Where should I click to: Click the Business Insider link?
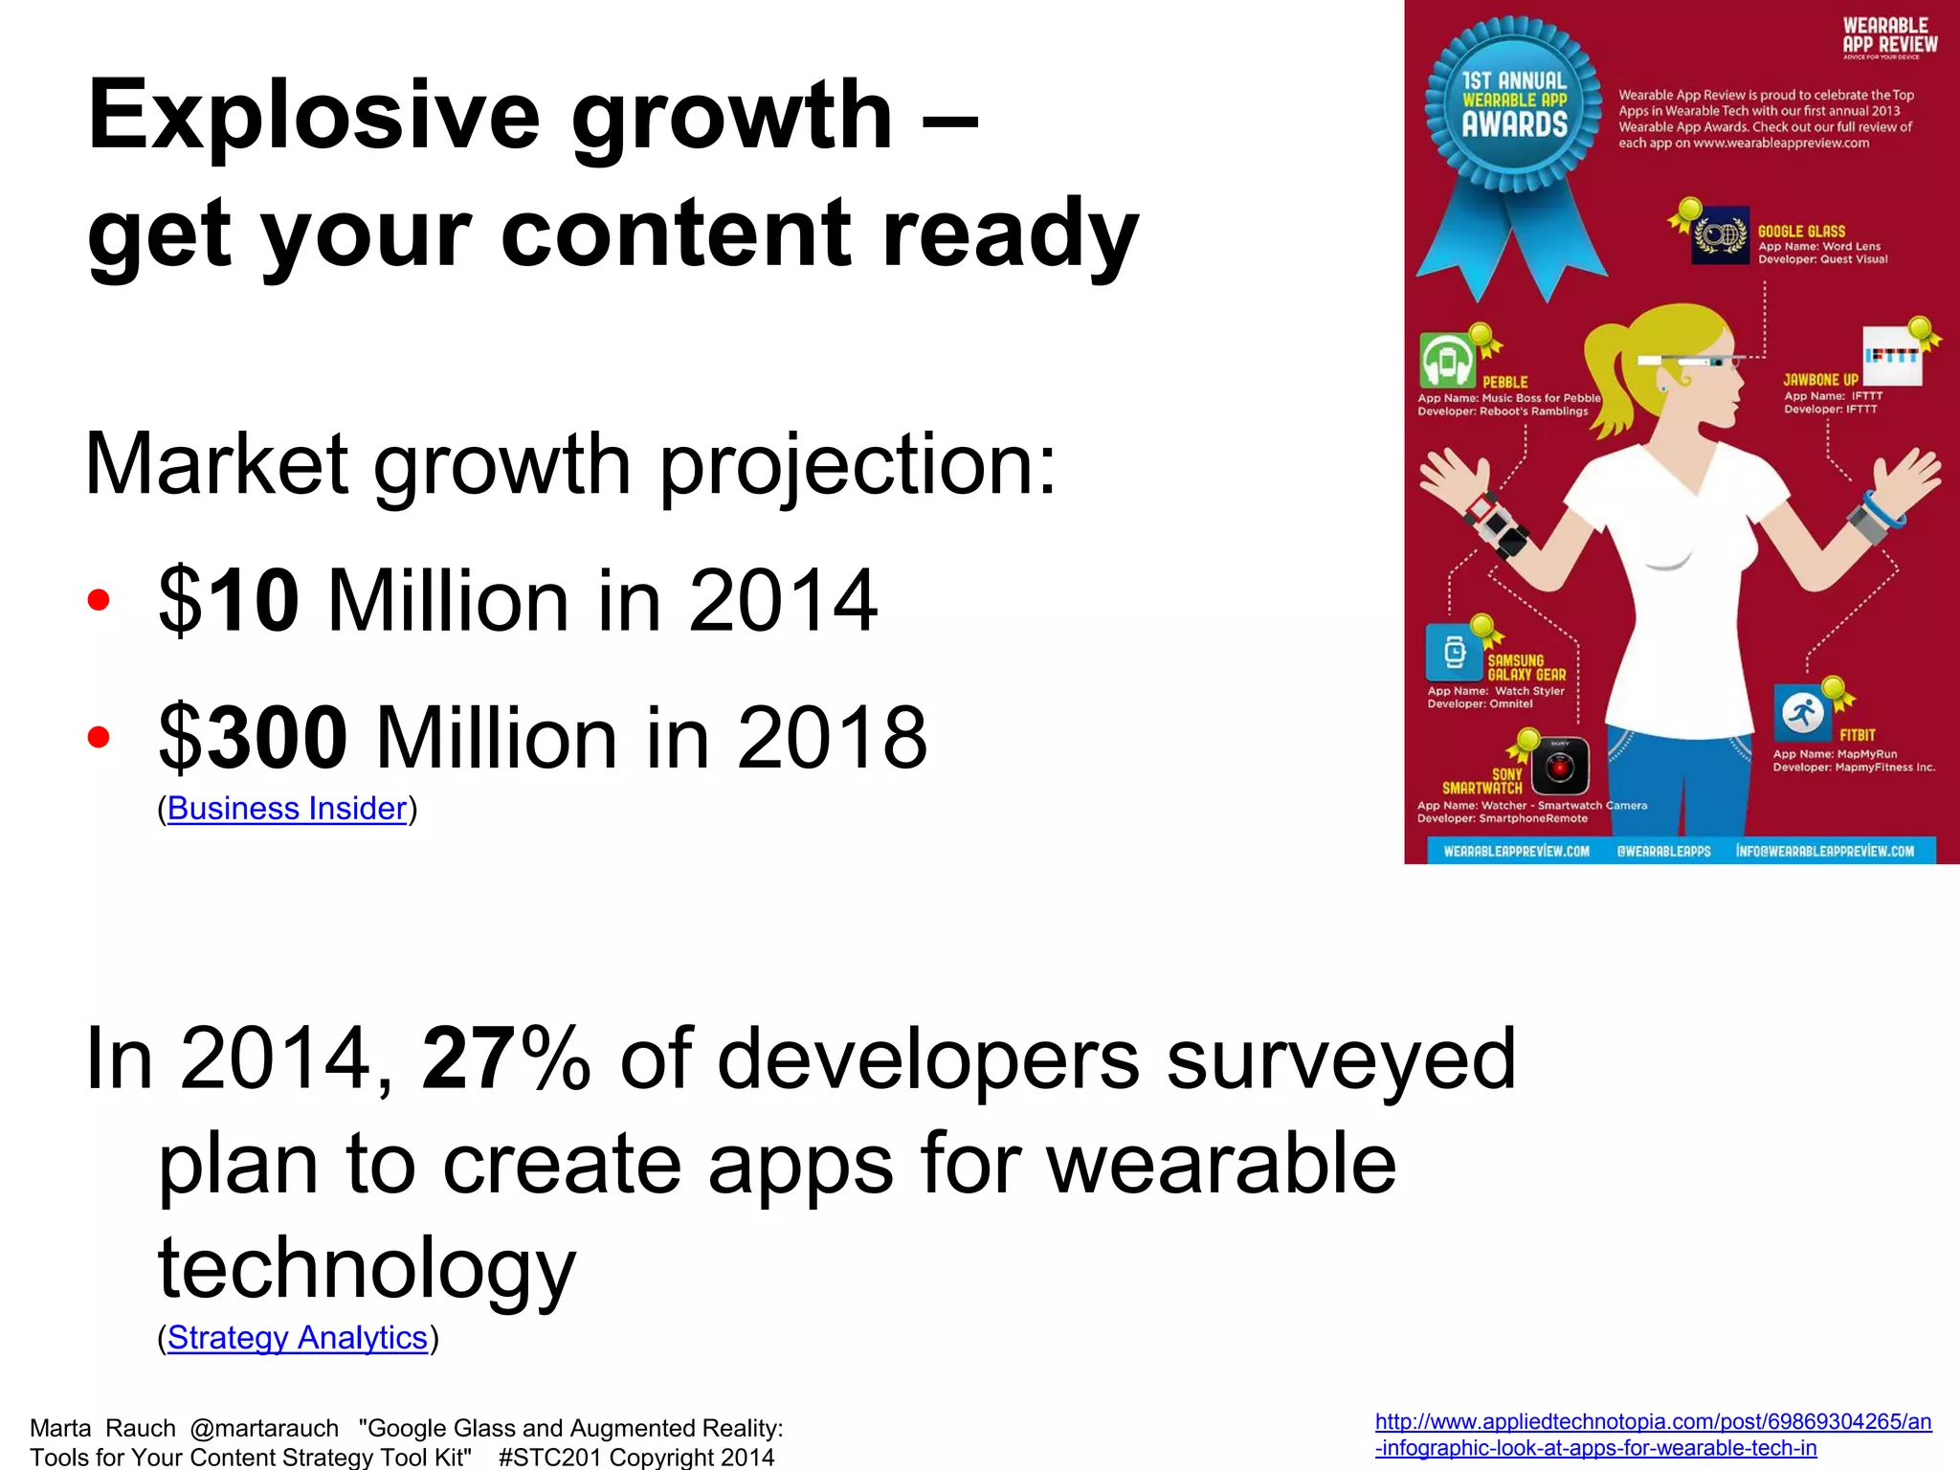coord(287,810)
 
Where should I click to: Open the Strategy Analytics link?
coord(297,1338)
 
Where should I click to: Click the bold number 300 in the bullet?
coord(278,737)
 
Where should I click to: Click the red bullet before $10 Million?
coord(98,601)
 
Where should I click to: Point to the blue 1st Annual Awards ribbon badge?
coord(1514,105)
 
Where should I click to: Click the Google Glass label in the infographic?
coord(1801,232)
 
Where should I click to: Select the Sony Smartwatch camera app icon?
coord(1560,766)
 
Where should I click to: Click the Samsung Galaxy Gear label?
coord(1526,668)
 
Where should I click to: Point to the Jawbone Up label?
coord(1820,380)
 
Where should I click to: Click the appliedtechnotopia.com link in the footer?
coord(1653,1435)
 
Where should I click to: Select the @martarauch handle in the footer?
coord(264,1429)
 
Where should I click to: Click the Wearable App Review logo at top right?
coord(1889,36)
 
